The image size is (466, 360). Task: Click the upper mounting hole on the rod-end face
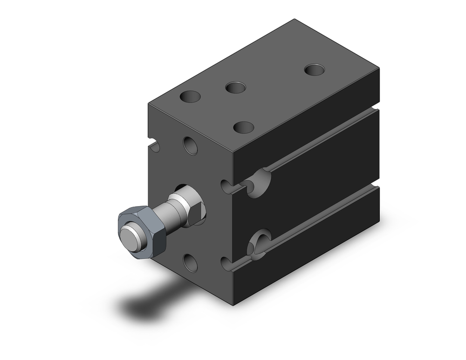pyautogui.click(x=190, y=146)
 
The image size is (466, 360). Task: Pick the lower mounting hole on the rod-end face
pyautogui.click(x=190, y=263)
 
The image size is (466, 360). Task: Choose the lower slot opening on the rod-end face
pyautogui.click(x=227, y=264)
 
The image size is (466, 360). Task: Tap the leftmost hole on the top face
pyautogui.click(x=190, y=97)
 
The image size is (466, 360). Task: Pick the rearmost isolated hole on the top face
pyautogui.click(x=314, y=69)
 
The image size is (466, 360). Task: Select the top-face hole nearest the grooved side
pyautogui.click(x=243, y=127)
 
